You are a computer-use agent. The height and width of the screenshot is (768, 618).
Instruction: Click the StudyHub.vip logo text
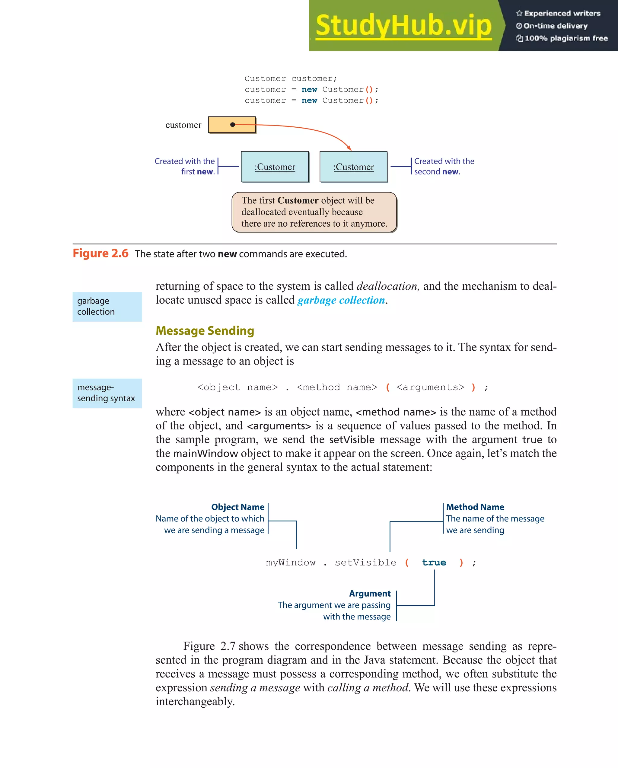click(x=403, y=26)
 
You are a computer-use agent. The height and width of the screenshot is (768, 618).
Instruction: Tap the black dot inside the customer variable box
click(x=233, y=125)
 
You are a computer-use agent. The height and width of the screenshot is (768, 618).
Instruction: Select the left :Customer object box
click(x=275, y=167)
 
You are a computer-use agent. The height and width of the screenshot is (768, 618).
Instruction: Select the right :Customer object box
click(x=353, y=167)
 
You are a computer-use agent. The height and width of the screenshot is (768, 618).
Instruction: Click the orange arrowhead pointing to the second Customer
click(x=349, y=148)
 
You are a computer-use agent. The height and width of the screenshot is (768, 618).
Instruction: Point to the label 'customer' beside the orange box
click(x=183, y=125)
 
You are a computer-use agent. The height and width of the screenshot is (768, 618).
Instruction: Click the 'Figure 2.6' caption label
click(x=100, y=253)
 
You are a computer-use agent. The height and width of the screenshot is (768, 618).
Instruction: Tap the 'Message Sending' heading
click(x=205, y=330)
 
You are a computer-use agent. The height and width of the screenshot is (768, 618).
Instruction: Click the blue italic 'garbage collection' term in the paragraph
click(x=341, y=300)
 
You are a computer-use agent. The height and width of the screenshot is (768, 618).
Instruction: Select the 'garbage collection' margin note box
click(x=107, y=306)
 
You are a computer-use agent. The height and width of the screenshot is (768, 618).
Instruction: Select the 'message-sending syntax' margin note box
click(x=107, y=393)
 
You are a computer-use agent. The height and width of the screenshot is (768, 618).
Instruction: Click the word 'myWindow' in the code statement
click(x=290, y=562)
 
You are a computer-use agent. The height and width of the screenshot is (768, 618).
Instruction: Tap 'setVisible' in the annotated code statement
click(x=365, y=562)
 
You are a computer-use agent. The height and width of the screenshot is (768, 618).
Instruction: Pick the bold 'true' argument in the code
click(x=434, y=562)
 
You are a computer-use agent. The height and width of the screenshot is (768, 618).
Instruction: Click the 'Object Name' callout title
click(x=237, y=507)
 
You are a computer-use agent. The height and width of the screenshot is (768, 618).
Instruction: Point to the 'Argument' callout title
click(x=370, y=594)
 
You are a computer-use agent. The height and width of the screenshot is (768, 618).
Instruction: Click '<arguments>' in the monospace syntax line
click(x=430, y=387)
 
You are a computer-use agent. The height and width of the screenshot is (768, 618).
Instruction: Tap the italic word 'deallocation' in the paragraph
click(x=387, y=286)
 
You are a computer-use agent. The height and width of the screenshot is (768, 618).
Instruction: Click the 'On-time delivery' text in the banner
click(x=555, y=26)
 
